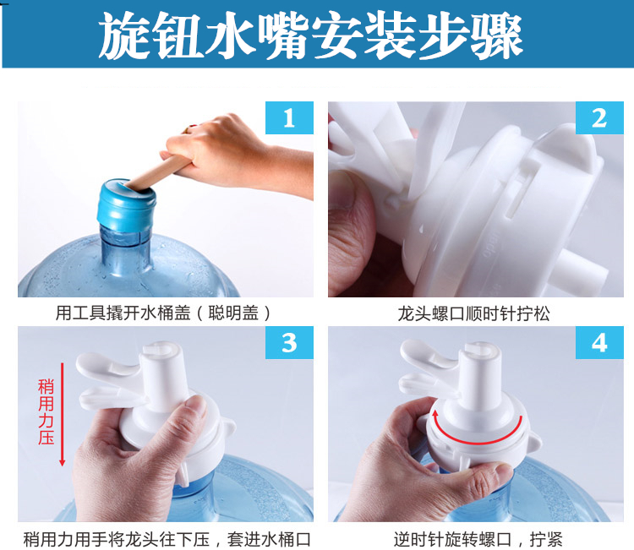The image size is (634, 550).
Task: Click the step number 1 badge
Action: tap(289, 117)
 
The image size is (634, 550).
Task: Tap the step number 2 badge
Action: tap(599, 117)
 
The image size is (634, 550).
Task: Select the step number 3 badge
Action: tap(289, 343)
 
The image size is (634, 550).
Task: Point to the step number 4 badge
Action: tap(599, 343)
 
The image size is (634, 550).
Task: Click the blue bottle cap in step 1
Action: tap(126, 206)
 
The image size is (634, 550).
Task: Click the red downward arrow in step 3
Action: tap(63, 414)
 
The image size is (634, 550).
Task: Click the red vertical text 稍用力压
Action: tap(46, 412)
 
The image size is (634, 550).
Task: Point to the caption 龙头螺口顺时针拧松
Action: tap(474, 313)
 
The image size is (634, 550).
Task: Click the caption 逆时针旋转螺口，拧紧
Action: tap(478, 539)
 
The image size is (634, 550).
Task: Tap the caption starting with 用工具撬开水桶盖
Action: tap(164, 313)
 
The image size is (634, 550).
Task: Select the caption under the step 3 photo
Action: tap(167, 540)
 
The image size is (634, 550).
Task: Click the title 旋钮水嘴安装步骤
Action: tap(310, 35)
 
